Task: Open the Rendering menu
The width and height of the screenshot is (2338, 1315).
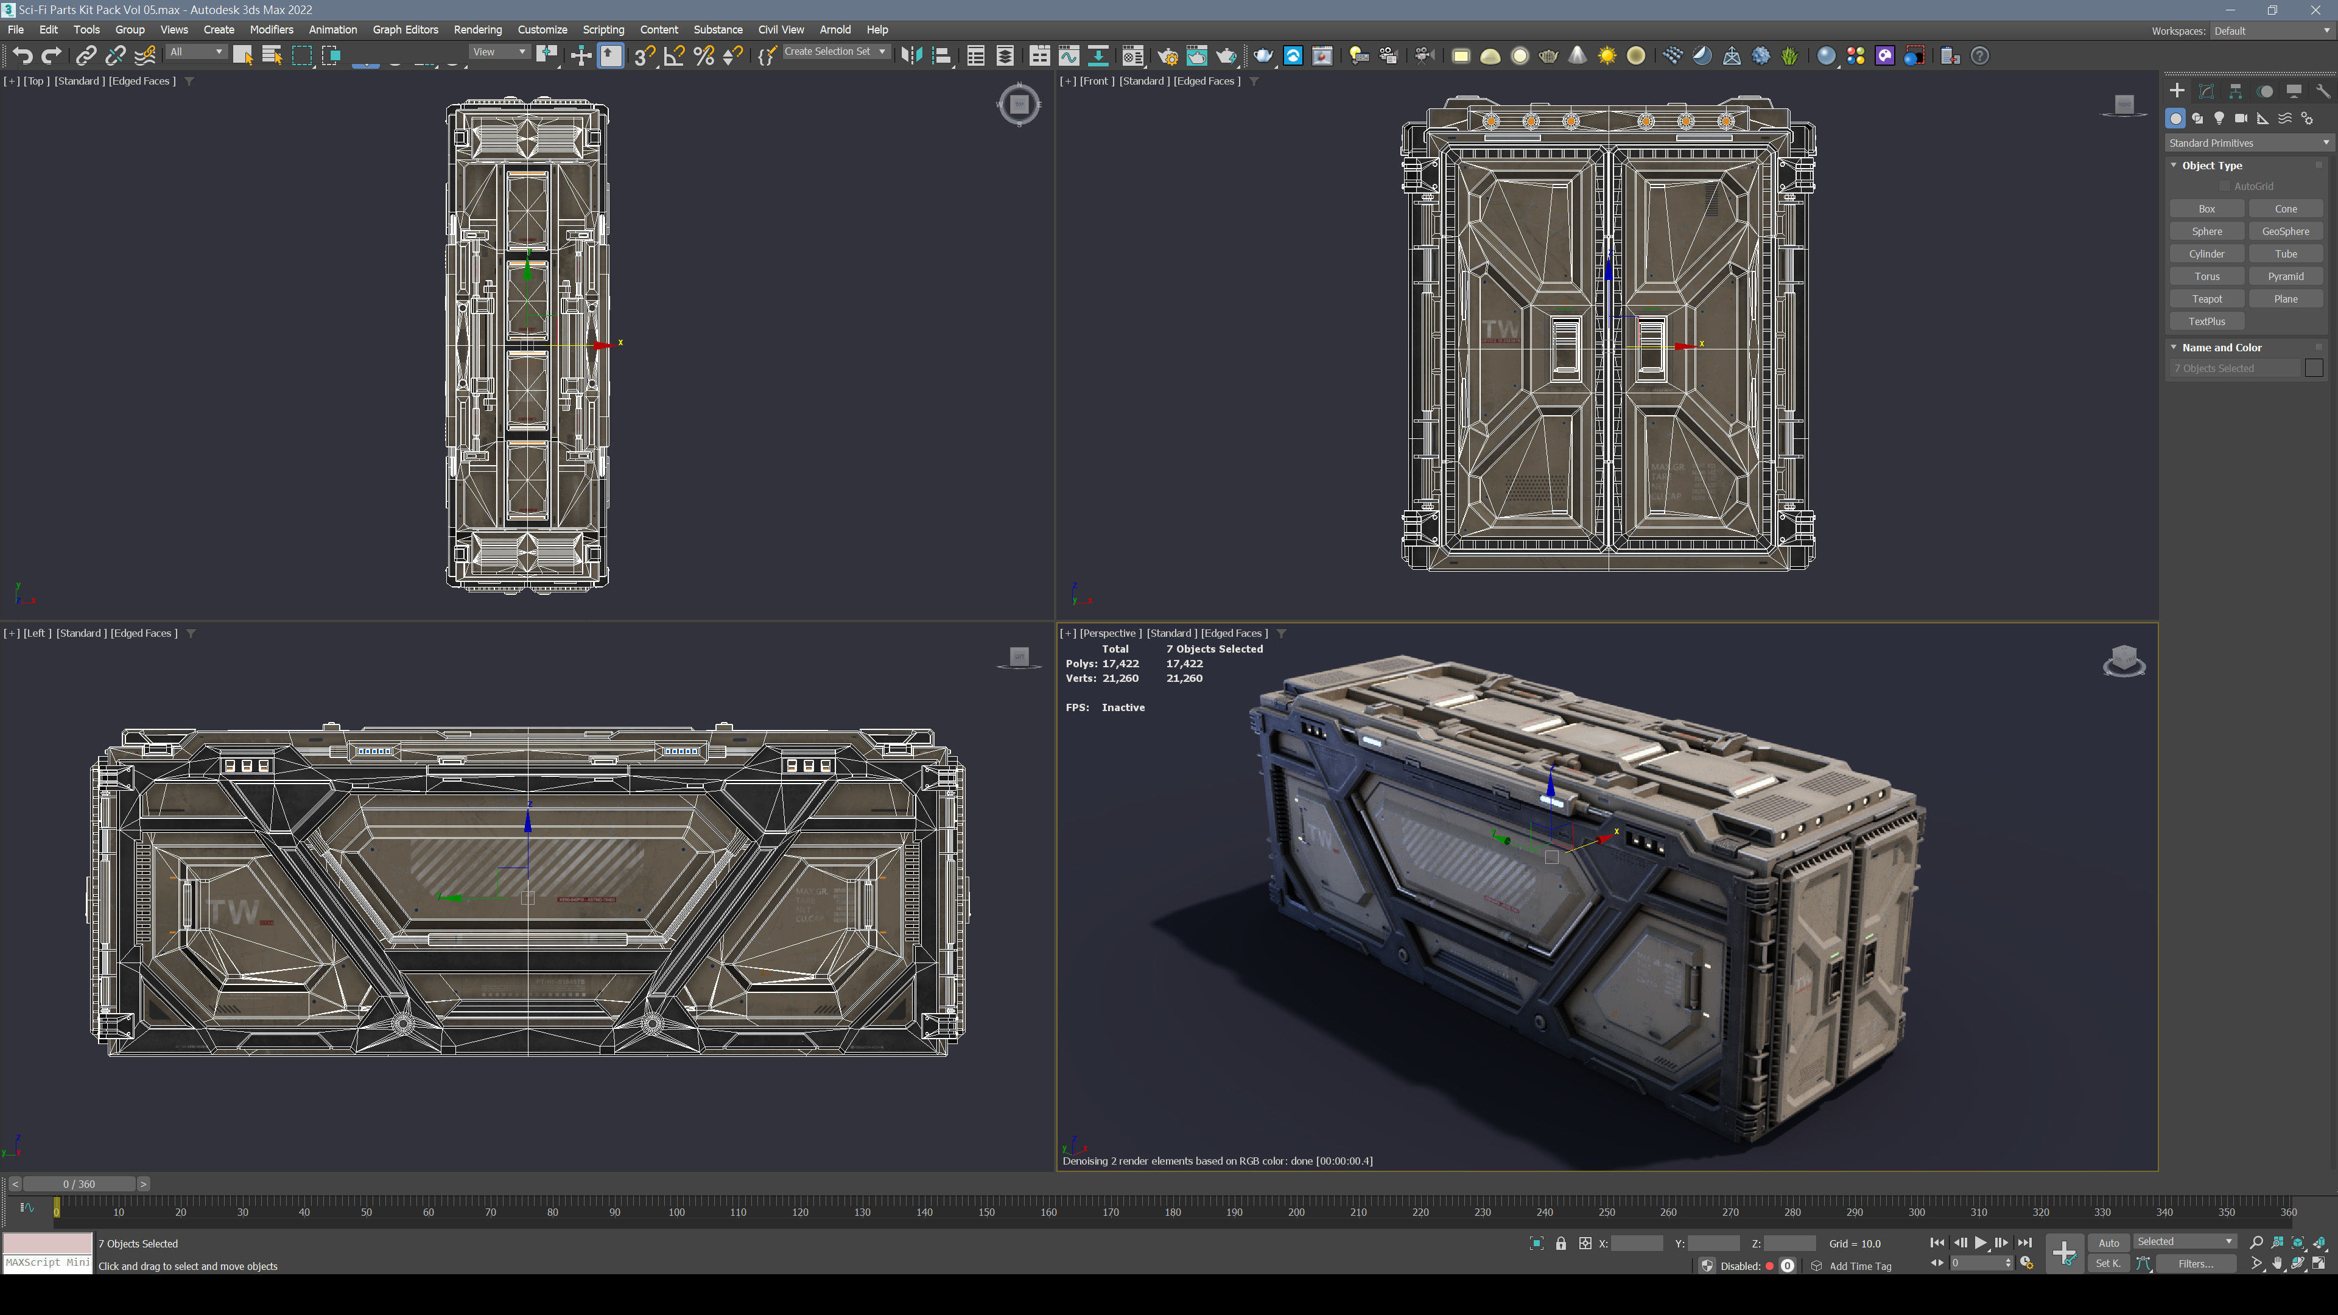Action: point(477,30)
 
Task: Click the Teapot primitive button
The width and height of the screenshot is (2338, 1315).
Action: point(2206,298)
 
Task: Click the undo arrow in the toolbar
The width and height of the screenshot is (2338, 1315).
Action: point(23,56)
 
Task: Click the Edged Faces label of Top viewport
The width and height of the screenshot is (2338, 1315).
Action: point(142,81)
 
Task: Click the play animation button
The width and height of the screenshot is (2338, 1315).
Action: point(1981,1243)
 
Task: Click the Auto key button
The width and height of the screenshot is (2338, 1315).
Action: point(2108,1243)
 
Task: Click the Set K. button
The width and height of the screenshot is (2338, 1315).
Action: point(2107,1263)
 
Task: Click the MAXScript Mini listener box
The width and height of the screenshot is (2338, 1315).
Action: point(47,1263)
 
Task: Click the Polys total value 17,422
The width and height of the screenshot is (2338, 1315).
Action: point(1120,664)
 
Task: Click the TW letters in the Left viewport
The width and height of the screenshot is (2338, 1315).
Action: point(233,911)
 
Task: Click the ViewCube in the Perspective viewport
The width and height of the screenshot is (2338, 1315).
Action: point(2124,660)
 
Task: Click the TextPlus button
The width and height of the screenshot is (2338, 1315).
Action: point(2206,321)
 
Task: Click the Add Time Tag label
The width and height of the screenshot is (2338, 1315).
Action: point(1859,1266)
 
